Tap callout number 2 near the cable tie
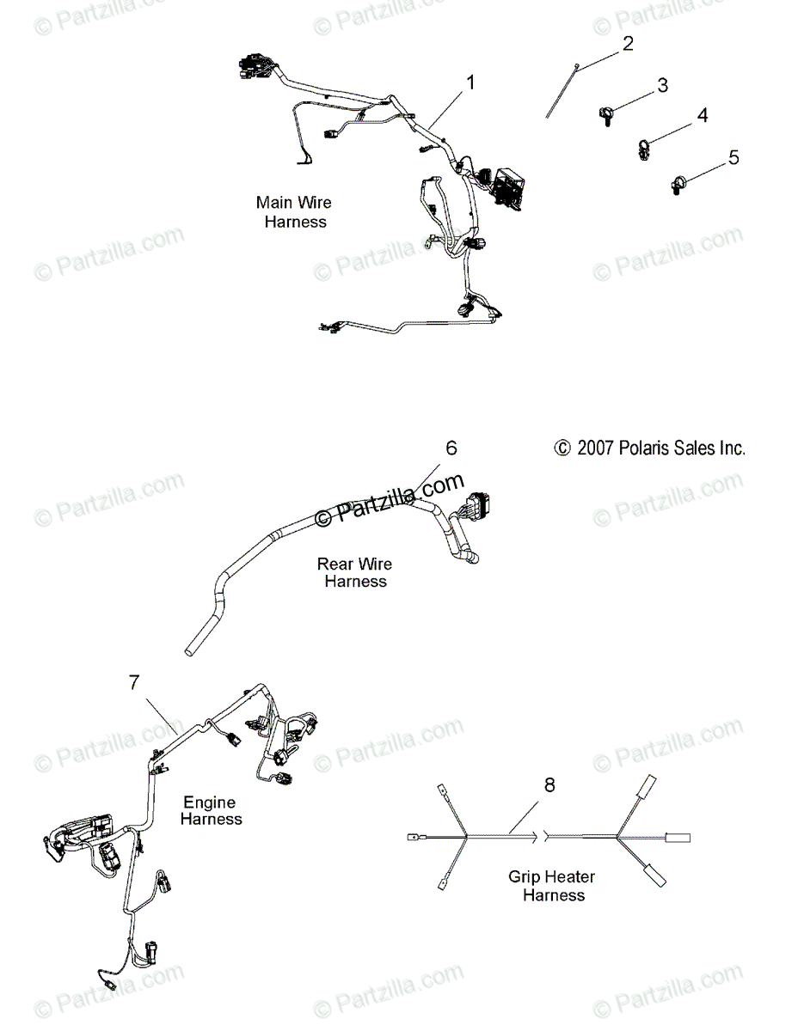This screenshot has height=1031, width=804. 628,43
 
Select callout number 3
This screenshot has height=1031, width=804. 662,85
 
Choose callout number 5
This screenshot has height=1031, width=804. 733,156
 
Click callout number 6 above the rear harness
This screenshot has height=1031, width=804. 451,448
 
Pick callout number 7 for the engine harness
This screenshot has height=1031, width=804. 134,682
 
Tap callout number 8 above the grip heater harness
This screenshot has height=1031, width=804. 549,784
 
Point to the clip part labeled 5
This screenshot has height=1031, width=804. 678,184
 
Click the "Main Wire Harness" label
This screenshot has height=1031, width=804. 294,212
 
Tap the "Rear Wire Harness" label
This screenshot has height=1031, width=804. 354,572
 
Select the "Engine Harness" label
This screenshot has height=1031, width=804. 211,810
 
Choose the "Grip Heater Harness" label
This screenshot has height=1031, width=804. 553,886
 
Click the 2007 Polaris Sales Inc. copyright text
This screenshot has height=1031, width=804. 649,448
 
